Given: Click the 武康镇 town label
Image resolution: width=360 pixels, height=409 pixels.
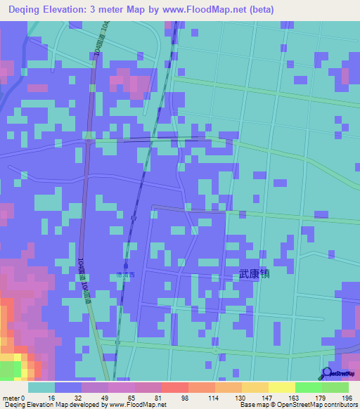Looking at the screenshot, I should pyautogui.click(x=254, y=275).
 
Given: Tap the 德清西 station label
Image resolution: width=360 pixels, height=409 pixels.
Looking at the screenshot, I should pyautogui.click(x=125, y=275).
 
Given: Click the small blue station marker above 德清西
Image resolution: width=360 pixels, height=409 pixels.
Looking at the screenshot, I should pyautogui.click(x=125, y=266).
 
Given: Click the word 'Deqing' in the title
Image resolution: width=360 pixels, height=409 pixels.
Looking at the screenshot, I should pyautogui.click(x=27, y=10).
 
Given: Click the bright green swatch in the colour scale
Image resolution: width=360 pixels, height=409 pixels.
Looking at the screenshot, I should pyautogui.click(x=309, y=387).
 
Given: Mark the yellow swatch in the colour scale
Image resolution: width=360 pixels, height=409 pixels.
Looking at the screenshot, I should pyautogui.click(x=255, y=387).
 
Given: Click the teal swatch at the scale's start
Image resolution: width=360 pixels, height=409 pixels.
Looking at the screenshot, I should pyautogui.click(x=41, y=387).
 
